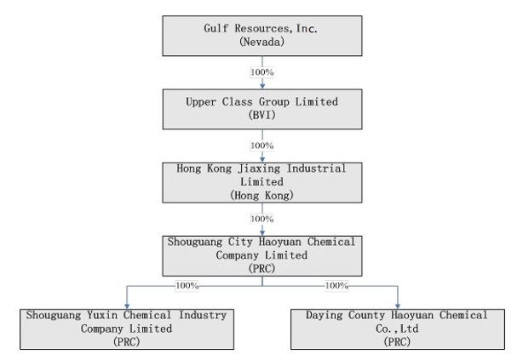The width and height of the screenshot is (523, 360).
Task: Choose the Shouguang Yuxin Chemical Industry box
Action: coord(127,329)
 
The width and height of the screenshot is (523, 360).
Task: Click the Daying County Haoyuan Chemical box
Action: coord(397,329)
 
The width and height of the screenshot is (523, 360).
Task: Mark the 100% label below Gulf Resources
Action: coord(262,72)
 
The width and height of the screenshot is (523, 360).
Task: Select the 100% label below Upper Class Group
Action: coord(262,146)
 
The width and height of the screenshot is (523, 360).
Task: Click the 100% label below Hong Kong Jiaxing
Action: coord(262,219)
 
